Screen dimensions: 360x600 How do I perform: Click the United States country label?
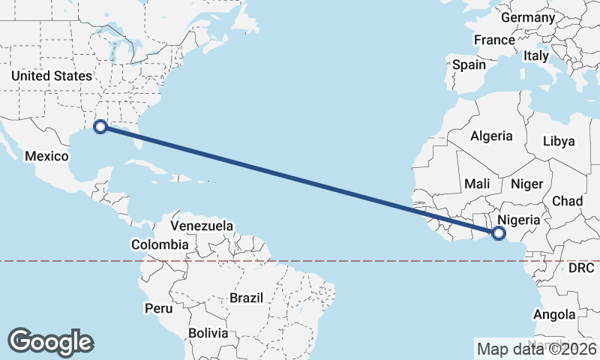coord(52,76)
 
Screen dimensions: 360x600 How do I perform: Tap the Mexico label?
coord(46,156)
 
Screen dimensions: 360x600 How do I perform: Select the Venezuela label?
coord(202,226)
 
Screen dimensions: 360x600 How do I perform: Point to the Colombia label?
coord(160,244)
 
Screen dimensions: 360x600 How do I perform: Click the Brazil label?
coord(247,298)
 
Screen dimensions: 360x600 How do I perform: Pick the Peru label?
coord(158,308)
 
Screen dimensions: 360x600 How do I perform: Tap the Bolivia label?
coord(208,332)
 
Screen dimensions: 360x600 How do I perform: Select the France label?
coord(494,40)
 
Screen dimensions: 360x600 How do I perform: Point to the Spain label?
coord(469,64)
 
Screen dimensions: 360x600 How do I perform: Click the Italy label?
coord(536,55)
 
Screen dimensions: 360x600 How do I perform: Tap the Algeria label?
coord(491,136)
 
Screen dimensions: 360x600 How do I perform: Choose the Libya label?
coord(558,141)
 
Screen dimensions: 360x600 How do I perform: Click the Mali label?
coord(477,184)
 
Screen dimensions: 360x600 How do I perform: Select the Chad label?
coord(567,201)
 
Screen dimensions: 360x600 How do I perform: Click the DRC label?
coord(581,268)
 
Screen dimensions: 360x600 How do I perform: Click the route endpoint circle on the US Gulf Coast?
coord(100,127)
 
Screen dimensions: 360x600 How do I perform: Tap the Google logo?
coord(50,341)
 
